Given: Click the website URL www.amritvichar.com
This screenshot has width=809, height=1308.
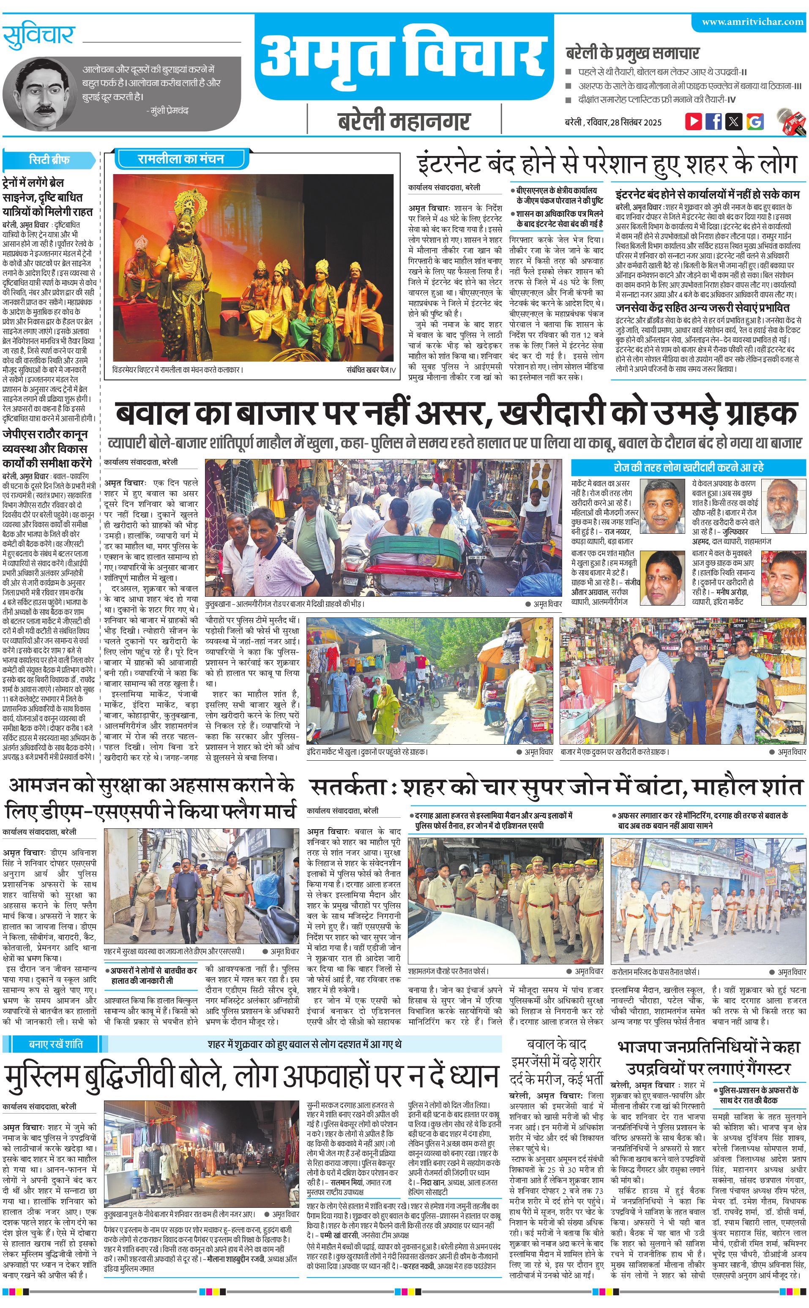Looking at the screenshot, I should pyautogui.click(x=752, y=22).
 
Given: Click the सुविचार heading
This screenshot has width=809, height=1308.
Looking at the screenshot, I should pyautogui.click(x=38, y=36).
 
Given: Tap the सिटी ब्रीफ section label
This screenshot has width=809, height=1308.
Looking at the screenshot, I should pyautogui.click(x=49, y=159).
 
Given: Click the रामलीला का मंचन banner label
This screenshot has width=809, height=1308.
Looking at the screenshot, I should pyautogui.click(x=181, y=159).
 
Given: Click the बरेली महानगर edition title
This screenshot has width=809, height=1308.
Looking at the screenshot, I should pyautogui.click(x=404, y=121).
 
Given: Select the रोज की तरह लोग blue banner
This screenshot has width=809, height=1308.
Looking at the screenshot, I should pyautogui.click(x=688, y=467).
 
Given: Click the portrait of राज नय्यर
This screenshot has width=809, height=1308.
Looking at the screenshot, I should pyautogui.click(x=662, y=505).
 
